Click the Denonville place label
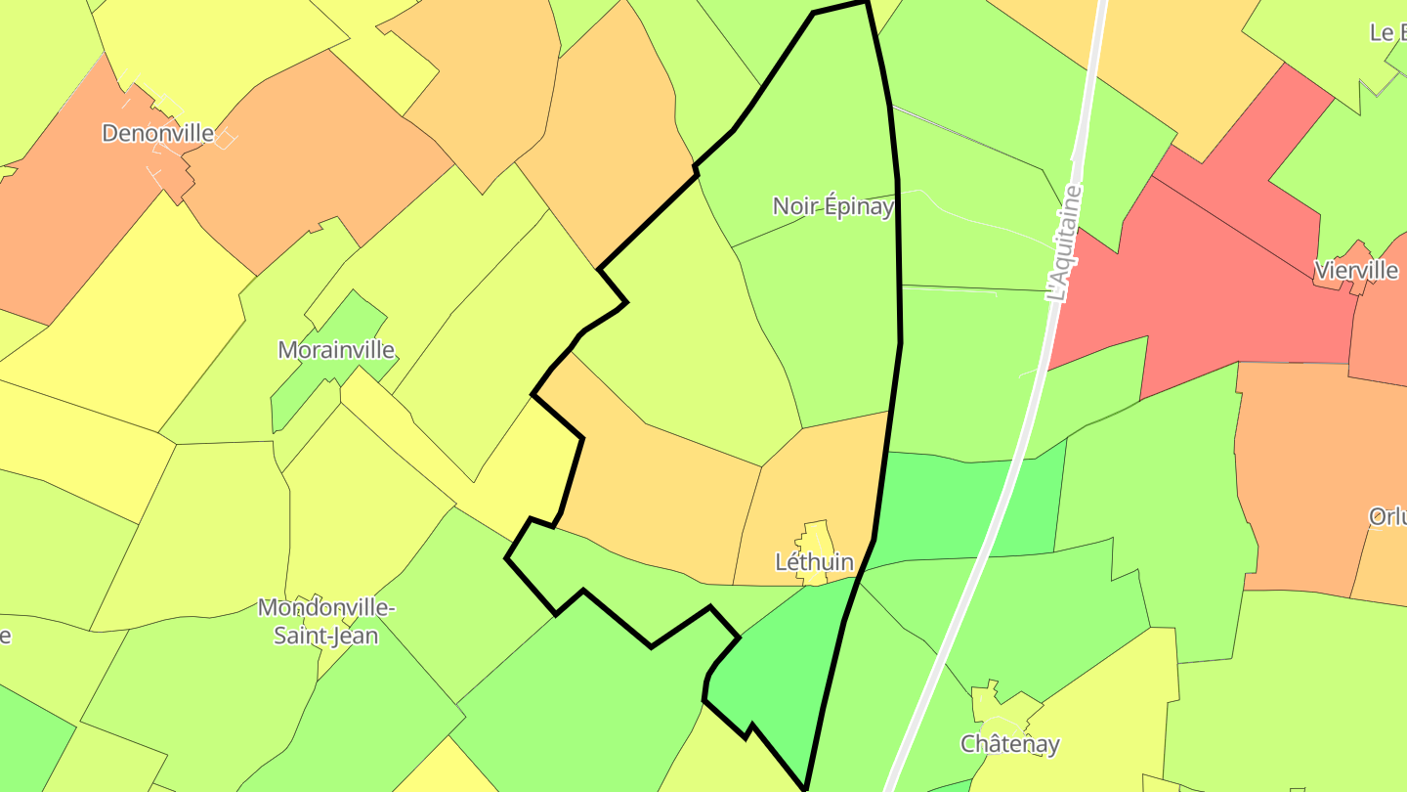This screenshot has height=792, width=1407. [157, 133]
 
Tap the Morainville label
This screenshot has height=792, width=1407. [336, 350]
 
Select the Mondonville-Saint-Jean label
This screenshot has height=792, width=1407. [325, 621]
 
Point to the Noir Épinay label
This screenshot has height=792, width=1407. [832, 206]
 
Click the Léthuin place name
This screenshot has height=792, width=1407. [813, 562]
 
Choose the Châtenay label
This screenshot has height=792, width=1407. [1009, 744]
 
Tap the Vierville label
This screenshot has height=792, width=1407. [1356, 270]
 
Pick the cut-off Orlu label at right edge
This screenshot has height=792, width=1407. [1387, 516]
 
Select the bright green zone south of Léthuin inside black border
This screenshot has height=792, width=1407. [782, 675]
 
